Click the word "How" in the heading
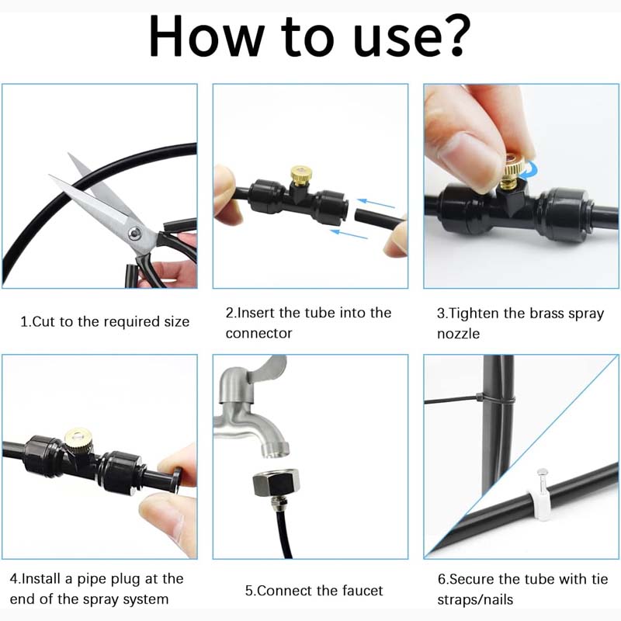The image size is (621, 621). (x=205, y=35)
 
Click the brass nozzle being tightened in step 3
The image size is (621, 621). (x=512, y=171)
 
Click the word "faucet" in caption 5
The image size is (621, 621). (x=359, y=591)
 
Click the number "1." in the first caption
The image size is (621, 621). (x=25, y=321)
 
